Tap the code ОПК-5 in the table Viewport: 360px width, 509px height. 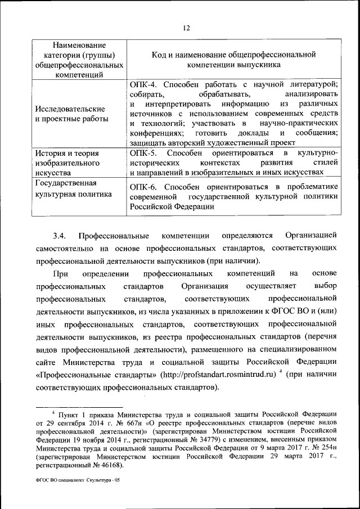tap(142, 152)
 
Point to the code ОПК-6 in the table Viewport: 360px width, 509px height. tap(142, 186)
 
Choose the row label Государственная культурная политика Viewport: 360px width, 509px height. tap(70, 189)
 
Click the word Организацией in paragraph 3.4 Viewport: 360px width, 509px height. tap(311, 234)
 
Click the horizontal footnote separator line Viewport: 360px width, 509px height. tap(79, 406)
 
